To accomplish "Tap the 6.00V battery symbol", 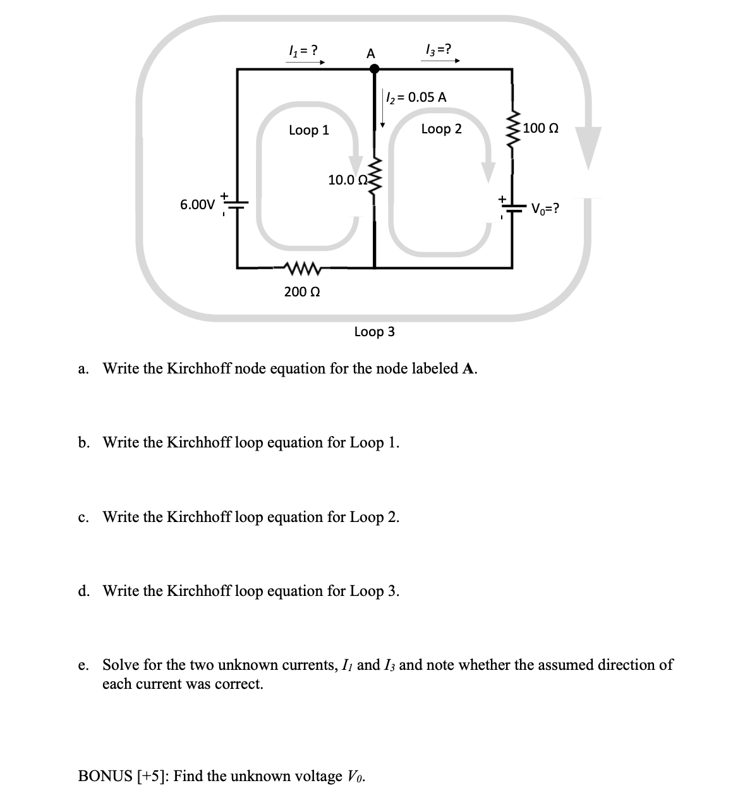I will tap(237, 203).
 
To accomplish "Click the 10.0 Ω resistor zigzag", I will tap(374, 176).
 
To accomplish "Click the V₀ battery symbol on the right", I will tap(512, 208).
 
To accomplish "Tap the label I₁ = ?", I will tap(303, 49).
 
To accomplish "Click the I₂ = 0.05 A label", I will tap(416, 97).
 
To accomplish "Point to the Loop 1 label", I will tap(308, 130).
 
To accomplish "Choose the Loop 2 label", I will tap(441, 129).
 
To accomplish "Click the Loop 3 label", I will tap(374, 331).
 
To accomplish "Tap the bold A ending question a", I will tap(469, 368).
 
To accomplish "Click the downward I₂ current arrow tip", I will tap(382, 124).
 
